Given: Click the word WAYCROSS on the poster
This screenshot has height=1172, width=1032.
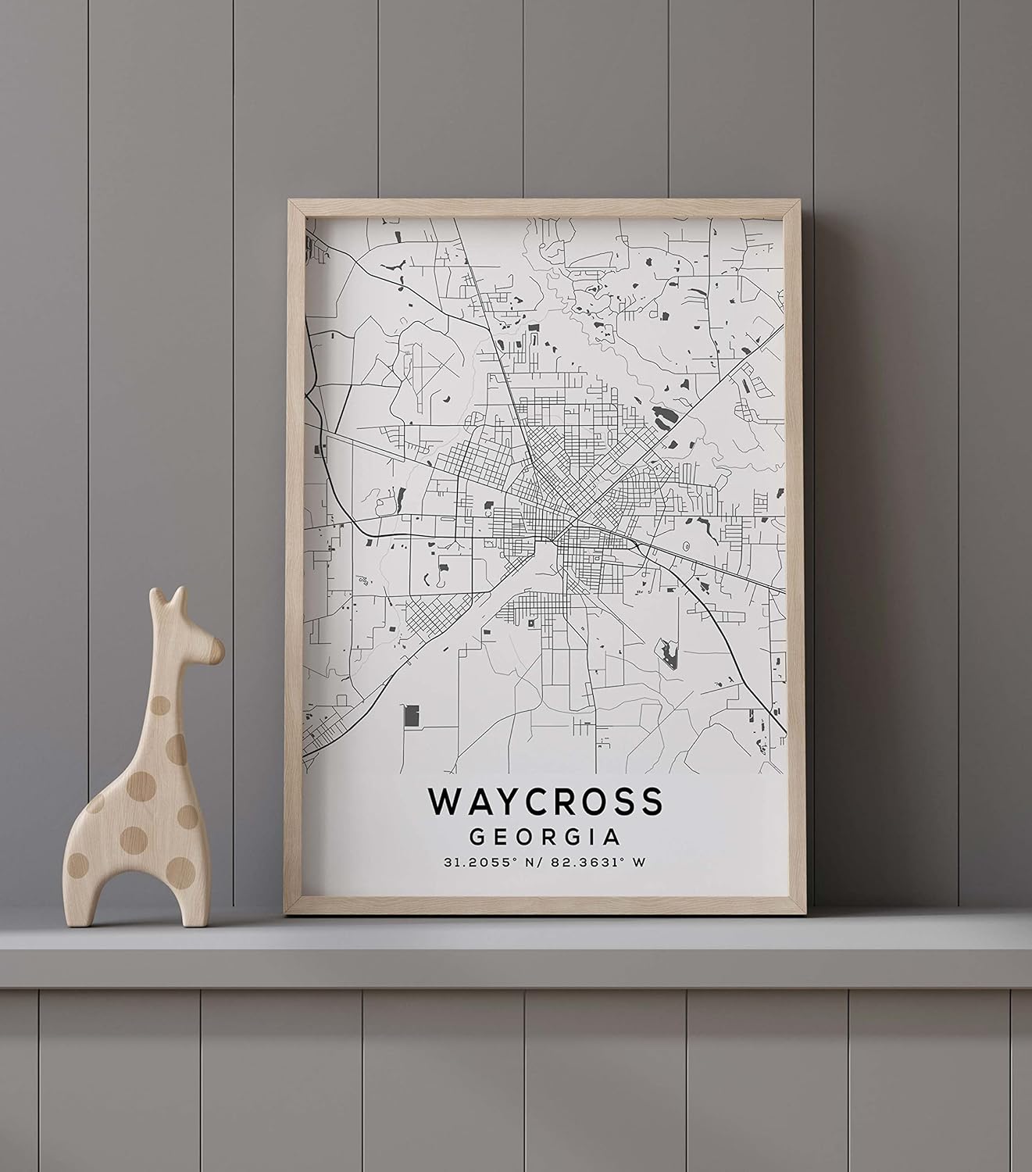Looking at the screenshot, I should click(x=545, y=801).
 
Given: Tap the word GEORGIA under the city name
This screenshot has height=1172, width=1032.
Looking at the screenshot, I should click(x=545, y=837).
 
